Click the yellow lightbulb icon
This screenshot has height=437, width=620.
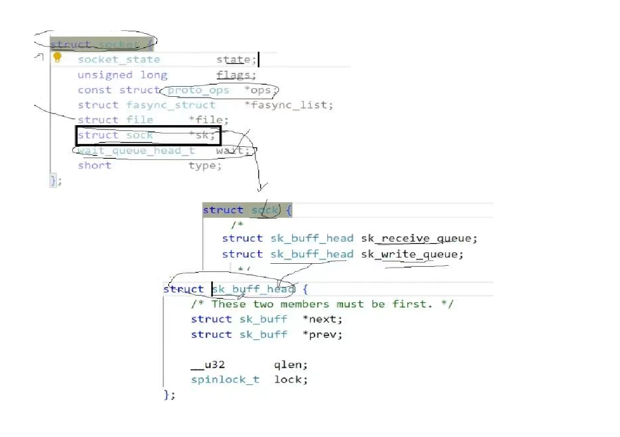pos(57,58)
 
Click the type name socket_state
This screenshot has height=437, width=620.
pos(119,60)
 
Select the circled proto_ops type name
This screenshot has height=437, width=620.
pos(198,90)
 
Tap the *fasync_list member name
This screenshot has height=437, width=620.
pos(288,105)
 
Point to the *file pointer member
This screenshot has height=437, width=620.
pos(212,120)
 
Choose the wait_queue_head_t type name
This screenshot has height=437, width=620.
pos(136,151)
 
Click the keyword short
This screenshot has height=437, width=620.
pos(94,166)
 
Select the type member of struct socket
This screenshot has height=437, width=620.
pos(205,166)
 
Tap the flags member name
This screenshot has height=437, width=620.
pos(236,75)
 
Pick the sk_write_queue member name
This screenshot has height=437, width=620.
pos(412,254)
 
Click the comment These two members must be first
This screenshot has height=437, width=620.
pos(322,304)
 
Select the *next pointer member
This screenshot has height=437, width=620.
pos(322,319)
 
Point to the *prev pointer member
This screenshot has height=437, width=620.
pos(322,334)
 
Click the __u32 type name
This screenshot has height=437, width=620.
pos(208,364)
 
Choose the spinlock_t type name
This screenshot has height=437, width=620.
pos(225,380)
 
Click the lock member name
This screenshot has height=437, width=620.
pos(290,380)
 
